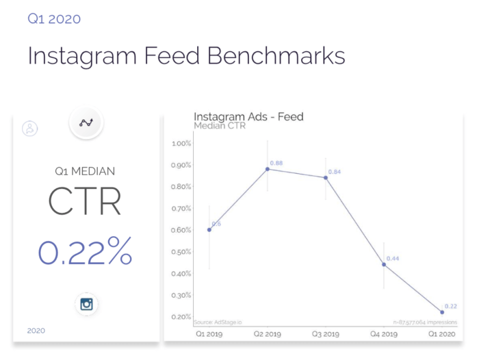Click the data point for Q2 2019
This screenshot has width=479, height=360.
click(268, 168)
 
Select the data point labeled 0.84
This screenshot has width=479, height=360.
click(326, 177)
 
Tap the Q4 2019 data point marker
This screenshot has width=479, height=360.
click(384, 264)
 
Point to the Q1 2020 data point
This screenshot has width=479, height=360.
click(442, 312)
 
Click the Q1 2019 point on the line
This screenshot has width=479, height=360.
click(209, 229)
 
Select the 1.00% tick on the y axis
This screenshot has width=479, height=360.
click(181, 143)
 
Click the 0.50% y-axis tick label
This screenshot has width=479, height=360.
click(181, 252)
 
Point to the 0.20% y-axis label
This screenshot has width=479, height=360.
click(181, 317)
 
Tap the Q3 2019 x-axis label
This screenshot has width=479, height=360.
click(326, 335)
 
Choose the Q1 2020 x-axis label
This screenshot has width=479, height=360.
click(442, 335)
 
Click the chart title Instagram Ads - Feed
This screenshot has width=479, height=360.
click(248, 117)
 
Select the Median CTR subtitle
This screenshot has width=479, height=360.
click(220, 126)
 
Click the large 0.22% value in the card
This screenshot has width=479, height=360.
click(85, 252)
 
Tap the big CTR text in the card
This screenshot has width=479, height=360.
click(85, 201)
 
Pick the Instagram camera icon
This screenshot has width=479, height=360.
click(86, 304)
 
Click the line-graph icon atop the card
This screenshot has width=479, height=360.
click(86, 123)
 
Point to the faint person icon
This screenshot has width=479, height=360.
click(29, 127)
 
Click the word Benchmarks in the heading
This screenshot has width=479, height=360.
click(276, 56)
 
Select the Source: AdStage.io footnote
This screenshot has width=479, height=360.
click(213, 322)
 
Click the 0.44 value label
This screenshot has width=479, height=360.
click(393, 259)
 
